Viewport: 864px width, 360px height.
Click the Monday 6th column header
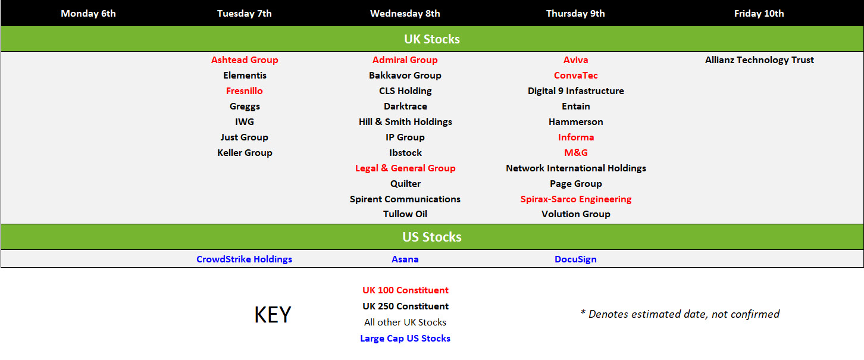tap(88, 14)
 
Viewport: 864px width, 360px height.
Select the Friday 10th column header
tap(759, 14)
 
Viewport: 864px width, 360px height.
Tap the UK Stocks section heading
tap(432, 39)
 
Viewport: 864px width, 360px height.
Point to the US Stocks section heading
tap(432, 237)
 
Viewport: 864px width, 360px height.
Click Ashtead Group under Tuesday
tap(245, 60)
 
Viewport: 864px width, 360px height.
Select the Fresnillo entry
tap(244, 91)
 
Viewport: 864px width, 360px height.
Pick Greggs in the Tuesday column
tap(245, 107)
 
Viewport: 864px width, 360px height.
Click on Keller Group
tap(245, 153)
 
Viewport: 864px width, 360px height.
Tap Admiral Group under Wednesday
tap(405, 60)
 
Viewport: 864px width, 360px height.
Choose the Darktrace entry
tap(405, 107)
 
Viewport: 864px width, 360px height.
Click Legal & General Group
tap(405, 168)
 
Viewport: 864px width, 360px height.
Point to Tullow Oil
tap(405, 214)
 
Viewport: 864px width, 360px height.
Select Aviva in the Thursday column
tap(575, 60)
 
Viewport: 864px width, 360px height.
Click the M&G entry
tap(575, 153)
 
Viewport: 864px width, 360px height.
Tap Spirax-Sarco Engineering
tap(575, 199)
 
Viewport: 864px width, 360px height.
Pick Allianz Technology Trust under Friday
tap(759, 60)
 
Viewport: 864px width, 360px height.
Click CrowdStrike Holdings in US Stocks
tap(244, 259)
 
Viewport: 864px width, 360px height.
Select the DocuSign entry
tap(575, 259)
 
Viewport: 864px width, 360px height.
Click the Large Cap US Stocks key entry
tap(405, 339)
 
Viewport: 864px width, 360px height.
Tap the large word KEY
tap(273, 314)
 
